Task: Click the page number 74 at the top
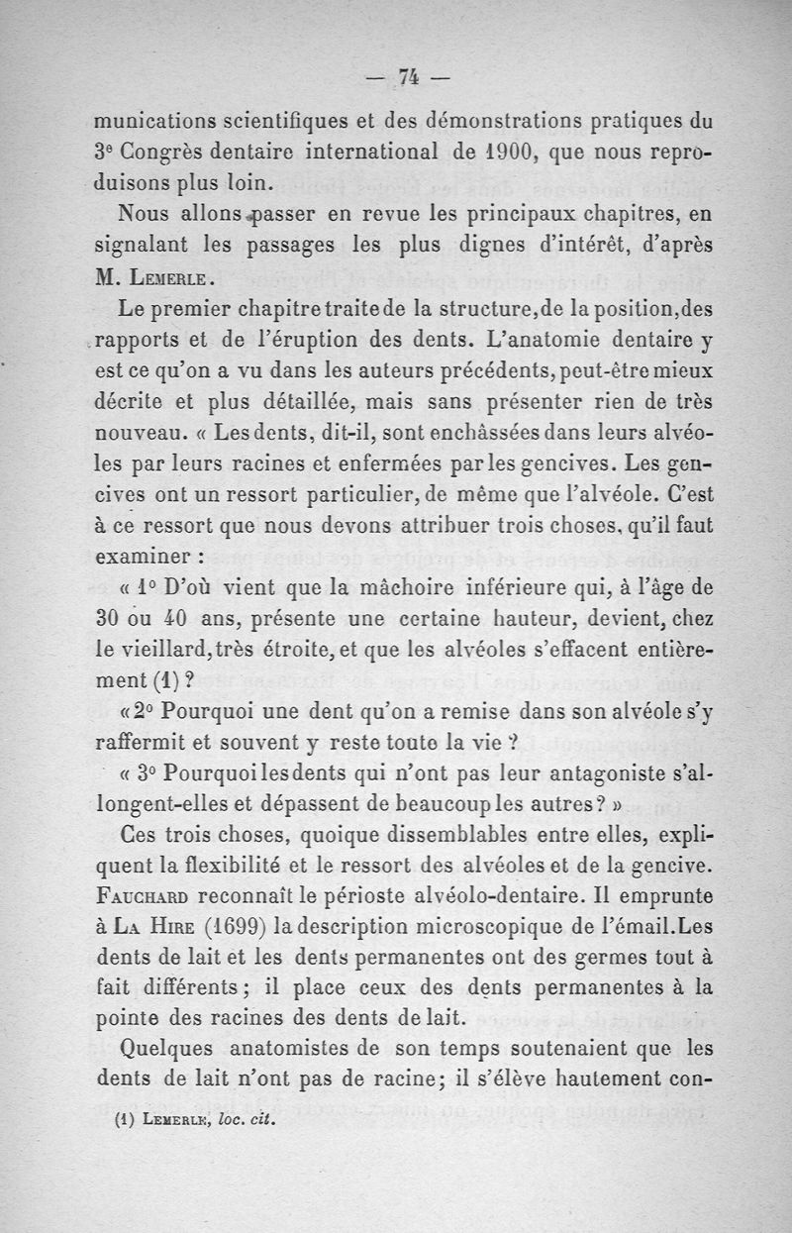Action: (406, 75)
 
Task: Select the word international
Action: (344, 154)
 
